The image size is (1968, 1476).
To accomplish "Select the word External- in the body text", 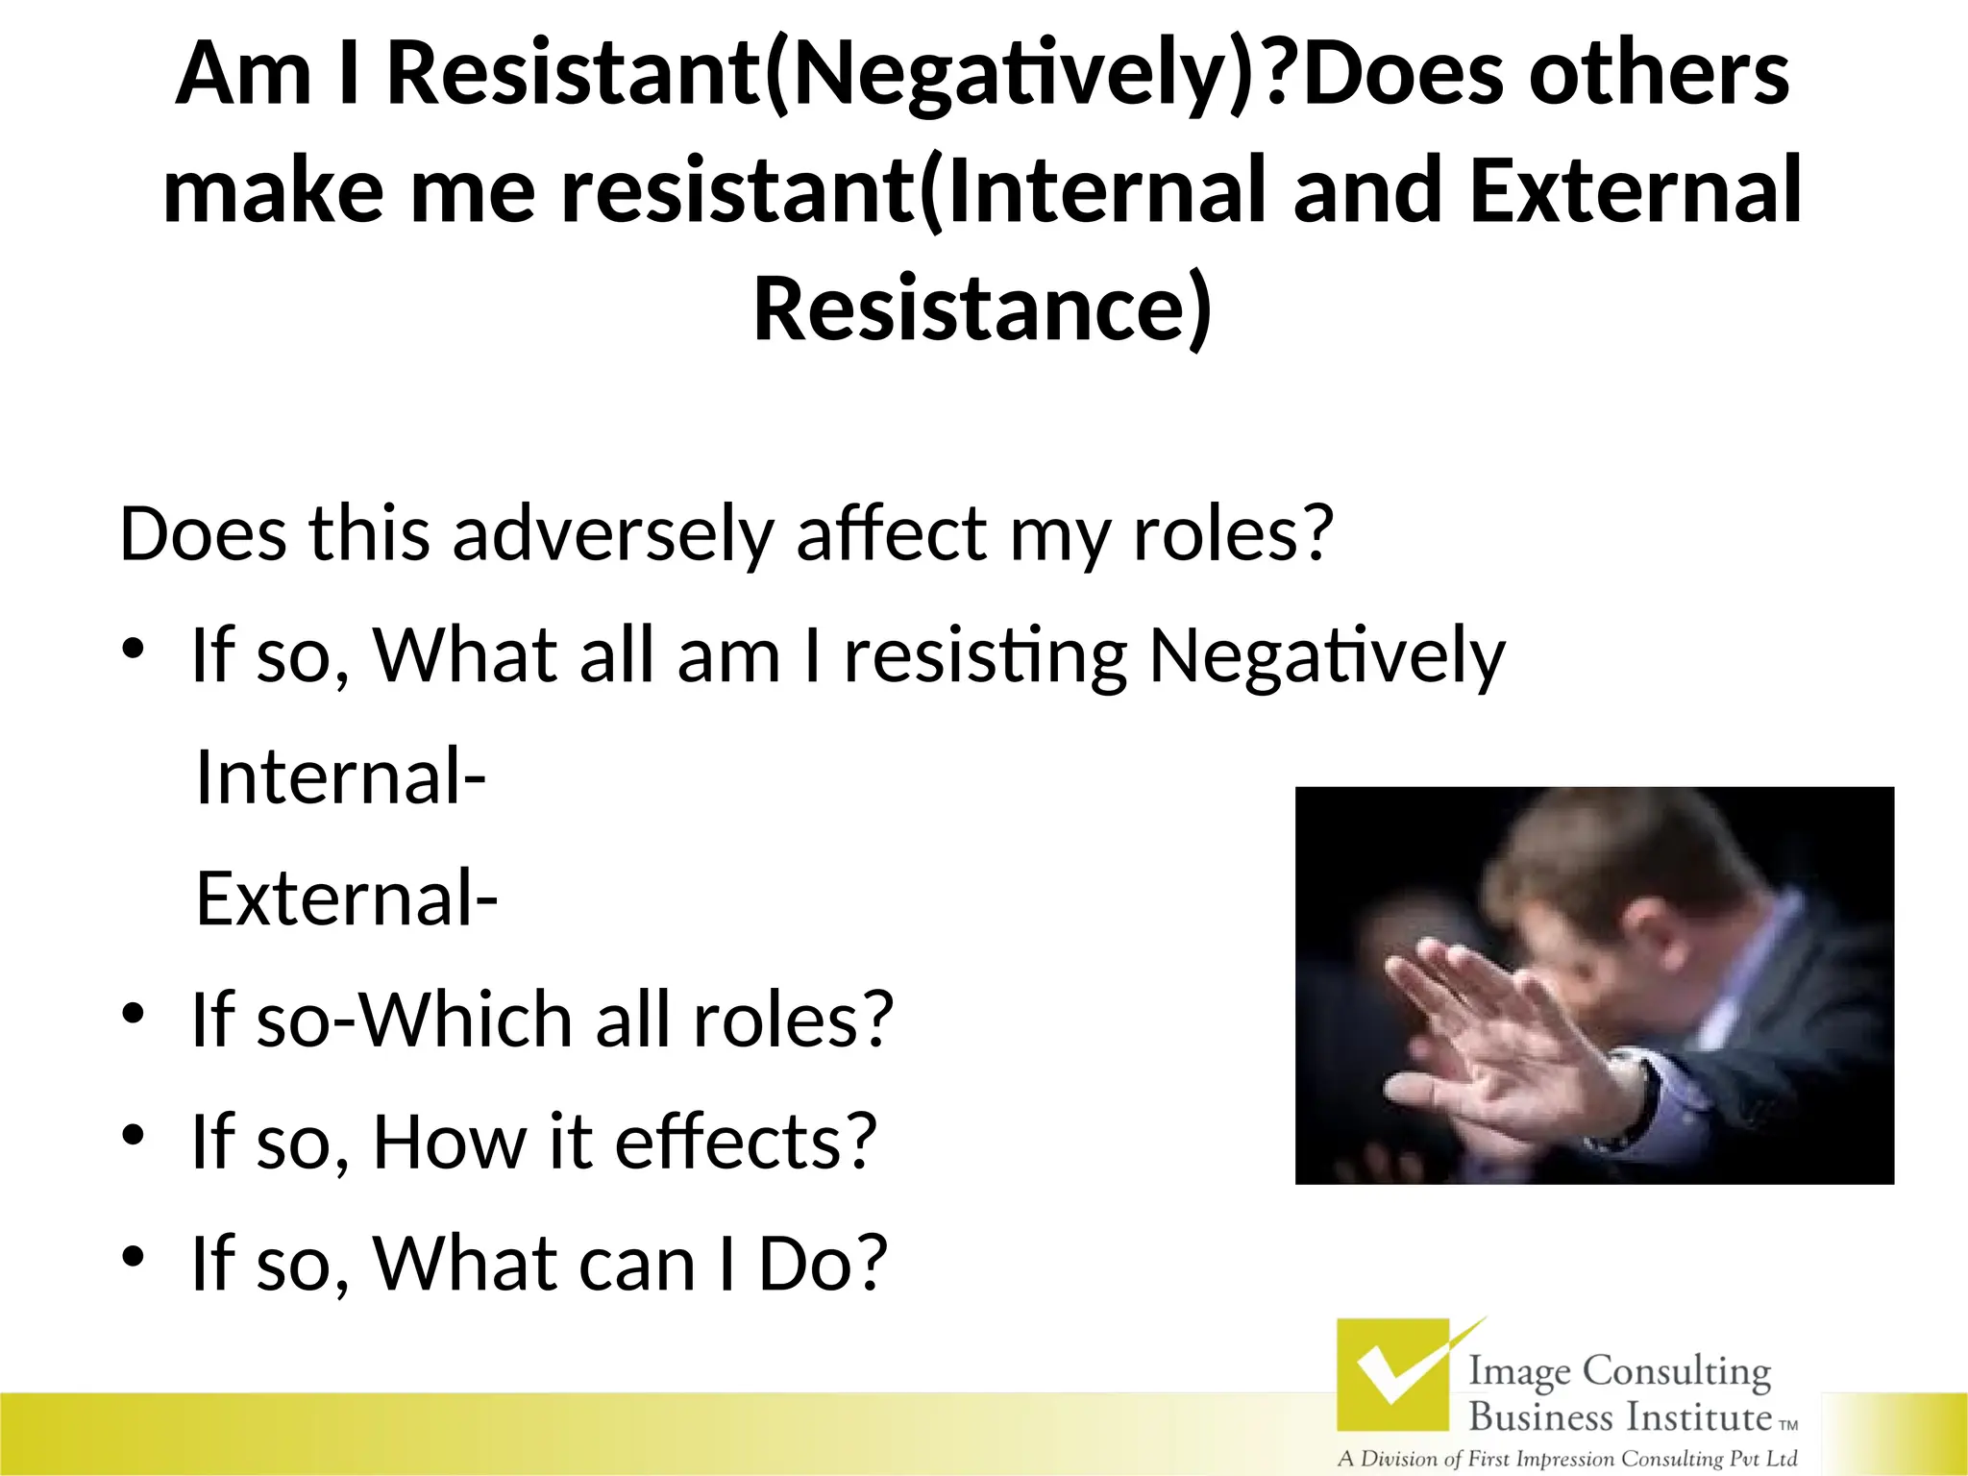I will [x=346, y=898].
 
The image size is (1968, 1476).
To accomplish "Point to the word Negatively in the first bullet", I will [x=1327, y=656].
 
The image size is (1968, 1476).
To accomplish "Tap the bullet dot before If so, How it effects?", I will [x=133, y=1136].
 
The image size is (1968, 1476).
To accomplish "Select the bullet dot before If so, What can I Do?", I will [x=133, y=1257].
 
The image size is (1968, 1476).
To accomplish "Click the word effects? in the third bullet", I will [x=746, y=1142].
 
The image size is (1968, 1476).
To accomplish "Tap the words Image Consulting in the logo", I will [x=1619, y=1372].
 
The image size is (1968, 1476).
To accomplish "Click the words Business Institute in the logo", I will [x=1619, y=1416].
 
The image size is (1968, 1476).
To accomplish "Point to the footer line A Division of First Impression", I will [x=1566, y=1459].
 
